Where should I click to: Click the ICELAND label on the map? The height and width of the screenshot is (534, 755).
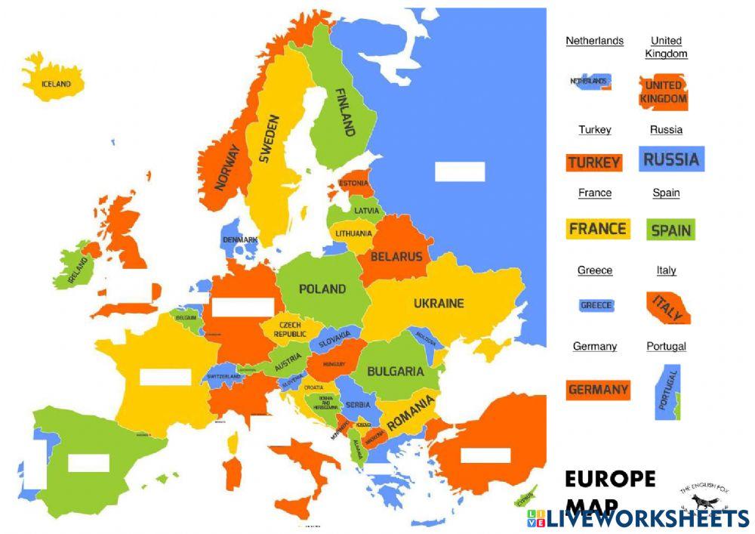click(x=56, y=84)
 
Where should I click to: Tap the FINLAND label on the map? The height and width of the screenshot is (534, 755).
click(x=344, y=112)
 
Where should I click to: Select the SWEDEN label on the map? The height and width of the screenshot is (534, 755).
click(x=270, y=139)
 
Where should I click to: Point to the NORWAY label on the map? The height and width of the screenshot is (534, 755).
click(x=227, y=167)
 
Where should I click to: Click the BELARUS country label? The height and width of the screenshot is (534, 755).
click(x=396, y=257)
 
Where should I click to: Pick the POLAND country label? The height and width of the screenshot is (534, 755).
click(x=322, y=289)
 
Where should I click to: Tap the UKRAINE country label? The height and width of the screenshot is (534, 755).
click(x=439, y=304)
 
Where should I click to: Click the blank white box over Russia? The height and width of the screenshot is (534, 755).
click(x=460, y=171)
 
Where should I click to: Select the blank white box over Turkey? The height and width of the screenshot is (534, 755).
click(x=485, y=455)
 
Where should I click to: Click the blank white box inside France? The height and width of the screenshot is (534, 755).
click(x=165, y=376)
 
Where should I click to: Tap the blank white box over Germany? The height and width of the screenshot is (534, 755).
click(x=242, y=307)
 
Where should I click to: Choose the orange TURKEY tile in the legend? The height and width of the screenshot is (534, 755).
click(x=594, y=162)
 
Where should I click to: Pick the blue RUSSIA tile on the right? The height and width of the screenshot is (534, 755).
click(x=671, y=159)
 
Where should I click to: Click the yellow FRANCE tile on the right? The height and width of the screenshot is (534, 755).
click(x=598, y=228)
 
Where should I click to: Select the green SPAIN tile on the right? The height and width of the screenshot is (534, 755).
click(x=670, y=230)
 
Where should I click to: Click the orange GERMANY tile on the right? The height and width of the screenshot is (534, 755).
click(x=598, y=390)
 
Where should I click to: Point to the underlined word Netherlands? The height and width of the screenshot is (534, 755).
click(x=594, y=41)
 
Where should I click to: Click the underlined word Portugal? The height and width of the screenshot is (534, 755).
click(x=667, y=346)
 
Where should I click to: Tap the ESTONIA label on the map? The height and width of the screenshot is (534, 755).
click(x=353, y=184)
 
